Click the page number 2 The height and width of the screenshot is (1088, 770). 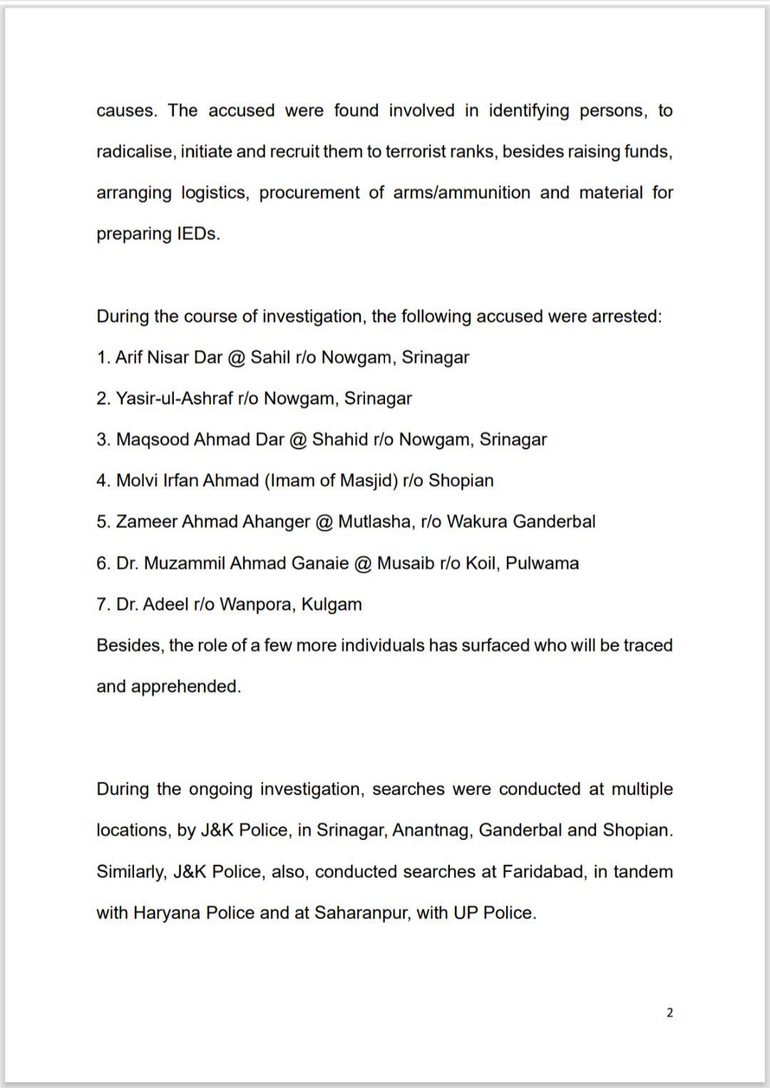pos(669,1012)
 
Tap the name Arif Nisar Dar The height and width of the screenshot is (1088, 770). pos(169,357)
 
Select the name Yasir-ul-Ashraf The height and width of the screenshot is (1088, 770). pos(175,398)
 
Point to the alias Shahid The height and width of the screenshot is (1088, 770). pos(340,440)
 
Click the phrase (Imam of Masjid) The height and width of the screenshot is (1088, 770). pos(331,481)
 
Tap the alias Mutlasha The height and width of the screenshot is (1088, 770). pos(374,522)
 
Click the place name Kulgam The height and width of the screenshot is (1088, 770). pos(332,604)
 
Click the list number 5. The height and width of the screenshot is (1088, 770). pos(103,522)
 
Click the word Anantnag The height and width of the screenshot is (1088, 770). pos(431,830)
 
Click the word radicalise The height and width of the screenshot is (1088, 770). pos(135,152)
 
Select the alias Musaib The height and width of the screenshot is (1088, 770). pos(406,563)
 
